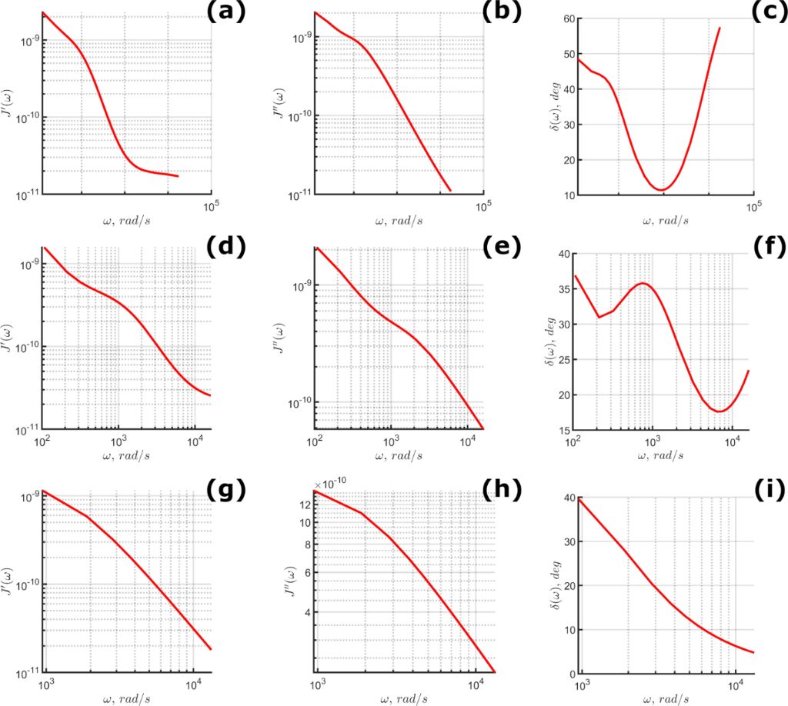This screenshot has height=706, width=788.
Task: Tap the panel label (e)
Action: point(499,248)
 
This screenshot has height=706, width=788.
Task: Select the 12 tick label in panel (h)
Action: point(303,505)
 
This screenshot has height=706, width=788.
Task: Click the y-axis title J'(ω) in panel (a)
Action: point(10,104)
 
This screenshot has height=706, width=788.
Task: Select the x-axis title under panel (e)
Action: point(398,455)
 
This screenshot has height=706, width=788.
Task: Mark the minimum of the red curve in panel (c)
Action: point(662,189)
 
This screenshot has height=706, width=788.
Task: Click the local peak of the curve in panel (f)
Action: point(643,283)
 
